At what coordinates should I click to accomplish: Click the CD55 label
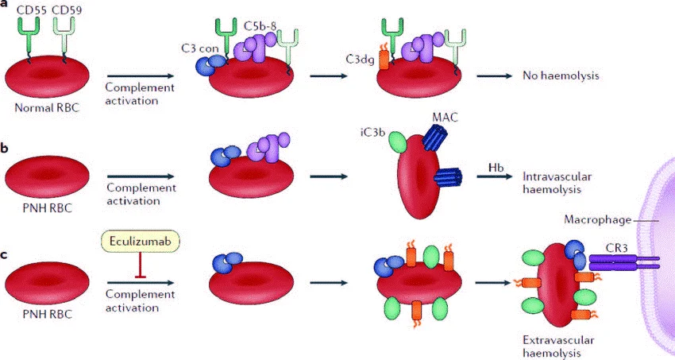(x=25, y=10)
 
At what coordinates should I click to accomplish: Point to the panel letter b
(x=6, y=147)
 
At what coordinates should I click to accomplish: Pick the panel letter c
(x=6, y=254)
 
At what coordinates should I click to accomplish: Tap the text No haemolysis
(x=560, y=76)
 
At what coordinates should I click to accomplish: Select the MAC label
(x=444, y=118)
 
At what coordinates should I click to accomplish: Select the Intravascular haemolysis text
(x=555, y=184)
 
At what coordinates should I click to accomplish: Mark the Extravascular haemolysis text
(x=558, y=346)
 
